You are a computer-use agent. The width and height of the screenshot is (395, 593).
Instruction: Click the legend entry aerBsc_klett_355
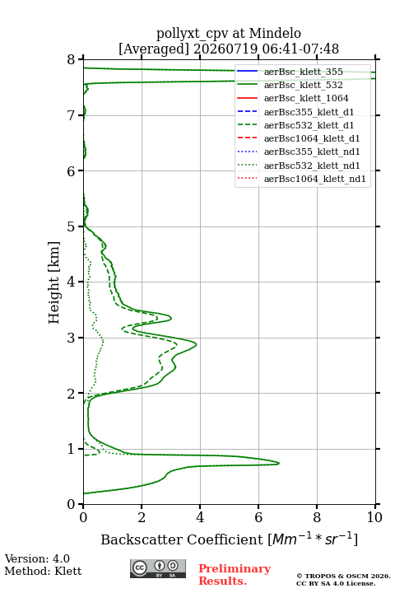pos(303,72)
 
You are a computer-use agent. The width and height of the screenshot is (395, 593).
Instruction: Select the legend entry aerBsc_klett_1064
pos(306,98)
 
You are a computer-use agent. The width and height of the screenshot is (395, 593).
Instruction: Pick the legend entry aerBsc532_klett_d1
pos(309,125)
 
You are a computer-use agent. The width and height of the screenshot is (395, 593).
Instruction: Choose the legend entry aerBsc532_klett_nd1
pos(312,166)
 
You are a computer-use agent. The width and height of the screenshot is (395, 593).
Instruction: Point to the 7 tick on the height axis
pos(80,115)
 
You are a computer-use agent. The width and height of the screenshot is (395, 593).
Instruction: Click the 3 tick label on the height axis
pos(71,338)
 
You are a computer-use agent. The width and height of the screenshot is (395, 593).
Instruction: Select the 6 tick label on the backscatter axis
pos(258,517)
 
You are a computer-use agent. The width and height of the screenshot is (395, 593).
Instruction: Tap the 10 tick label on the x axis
pos(374,517)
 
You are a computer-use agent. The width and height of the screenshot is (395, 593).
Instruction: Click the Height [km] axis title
pos(54,282)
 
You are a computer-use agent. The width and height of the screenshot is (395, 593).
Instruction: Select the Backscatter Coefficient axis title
pos(229,539)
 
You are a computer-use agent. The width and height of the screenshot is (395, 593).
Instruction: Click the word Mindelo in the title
pos(275,33)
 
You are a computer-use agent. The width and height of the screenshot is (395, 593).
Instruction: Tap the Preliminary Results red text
pos(235,575)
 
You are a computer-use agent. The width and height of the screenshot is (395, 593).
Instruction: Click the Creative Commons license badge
pos(158,569)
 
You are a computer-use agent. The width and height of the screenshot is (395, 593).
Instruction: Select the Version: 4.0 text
pos(37,559)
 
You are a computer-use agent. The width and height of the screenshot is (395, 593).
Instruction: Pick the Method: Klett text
pos(43,571)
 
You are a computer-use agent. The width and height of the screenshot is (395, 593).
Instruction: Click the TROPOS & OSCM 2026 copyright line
pos(343,576)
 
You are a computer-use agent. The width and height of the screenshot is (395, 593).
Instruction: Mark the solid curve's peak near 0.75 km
pos(279,463)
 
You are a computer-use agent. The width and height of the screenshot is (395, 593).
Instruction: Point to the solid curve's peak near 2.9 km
pos(196,343)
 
